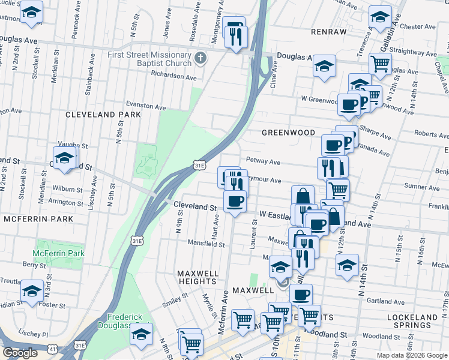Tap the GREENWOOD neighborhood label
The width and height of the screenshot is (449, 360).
click(288, 132)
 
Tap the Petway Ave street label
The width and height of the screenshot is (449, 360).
click(263, 162)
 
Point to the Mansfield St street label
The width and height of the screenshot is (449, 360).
click(206, 244)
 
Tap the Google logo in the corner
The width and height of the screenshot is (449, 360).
click(20, 353)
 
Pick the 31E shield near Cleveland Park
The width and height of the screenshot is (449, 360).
click(200, 164)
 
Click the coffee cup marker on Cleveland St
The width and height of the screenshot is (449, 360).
click(235, 201)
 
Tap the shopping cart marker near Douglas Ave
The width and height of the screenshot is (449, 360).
click(380, 63)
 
